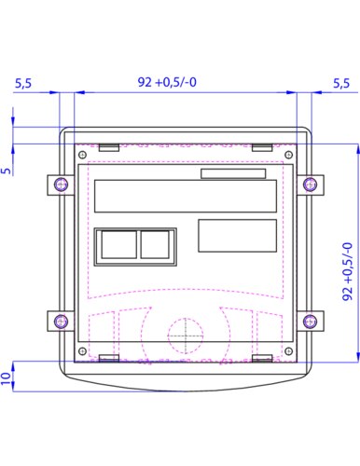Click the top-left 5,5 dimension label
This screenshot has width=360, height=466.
click(23, 83)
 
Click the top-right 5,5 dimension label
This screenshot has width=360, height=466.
click(341, 83)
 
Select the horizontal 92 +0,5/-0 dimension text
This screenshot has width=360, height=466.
click(167, 82)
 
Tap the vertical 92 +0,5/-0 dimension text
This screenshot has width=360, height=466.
click(348, 271)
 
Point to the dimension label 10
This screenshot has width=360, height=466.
click(6, 378)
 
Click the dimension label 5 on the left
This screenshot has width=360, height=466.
click(7, 171)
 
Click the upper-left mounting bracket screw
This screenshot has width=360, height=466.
click(61, 185)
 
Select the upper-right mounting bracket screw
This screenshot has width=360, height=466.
click(310, 185)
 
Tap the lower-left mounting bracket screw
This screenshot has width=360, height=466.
click(61, 321)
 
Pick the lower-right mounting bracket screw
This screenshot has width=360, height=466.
click(310, 321)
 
